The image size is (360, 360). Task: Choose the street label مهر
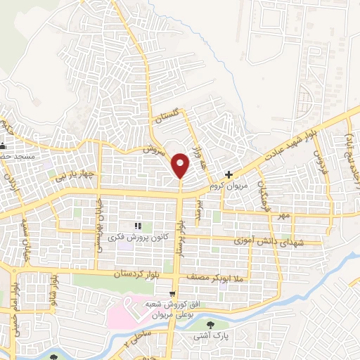(x=283, y=212)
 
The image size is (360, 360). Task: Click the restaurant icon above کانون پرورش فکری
(x=138, y=226)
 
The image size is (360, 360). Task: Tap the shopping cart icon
(x=172, y=294)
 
